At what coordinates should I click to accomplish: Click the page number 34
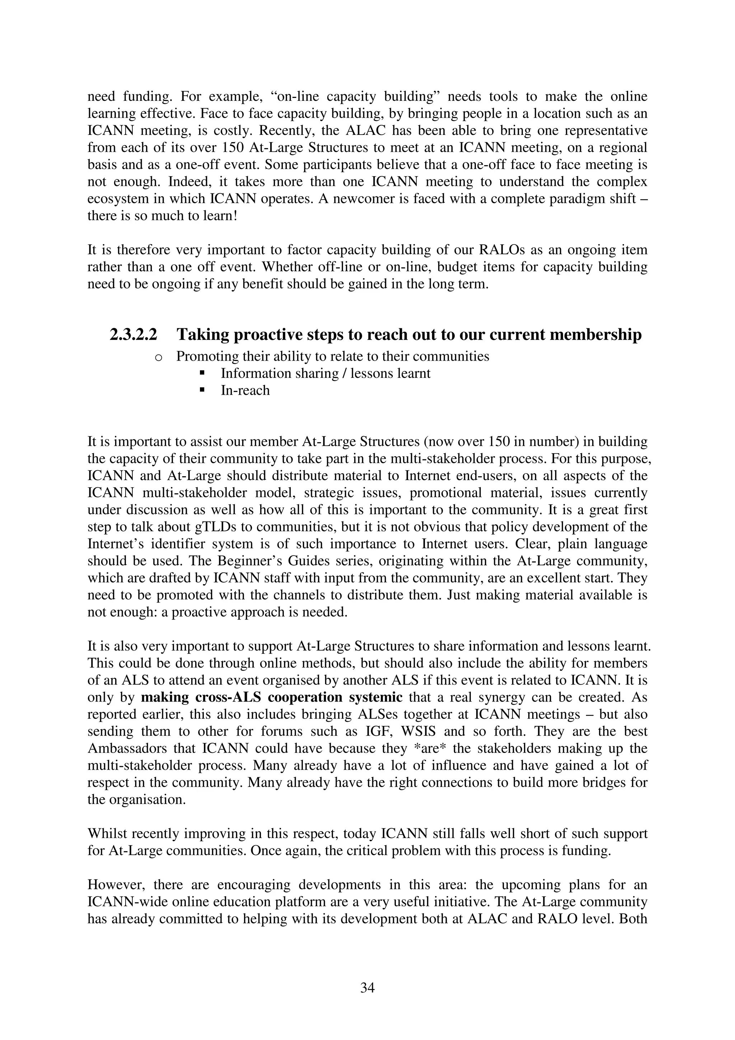(367, 988)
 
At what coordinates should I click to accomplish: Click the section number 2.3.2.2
(133, 335)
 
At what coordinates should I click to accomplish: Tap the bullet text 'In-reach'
(245, 390)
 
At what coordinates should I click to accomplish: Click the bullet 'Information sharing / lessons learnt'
(325, 373)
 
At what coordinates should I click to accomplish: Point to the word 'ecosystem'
(119, 199)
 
